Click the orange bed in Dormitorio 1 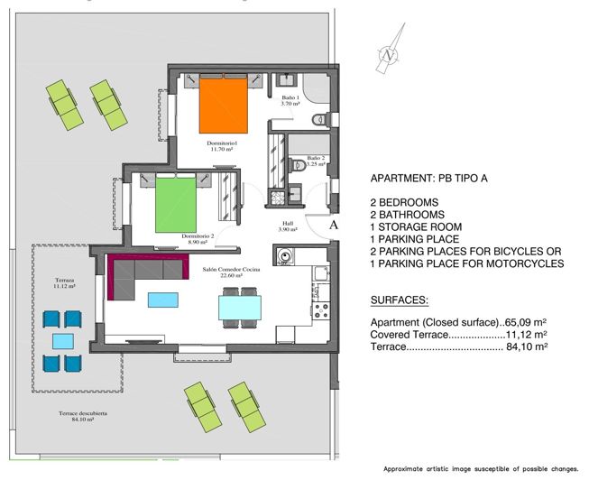223,106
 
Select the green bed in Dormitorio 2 175,206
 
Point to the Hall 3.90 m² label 289,226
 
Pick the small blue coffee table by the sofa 162,299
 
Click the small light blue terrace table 62,341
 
